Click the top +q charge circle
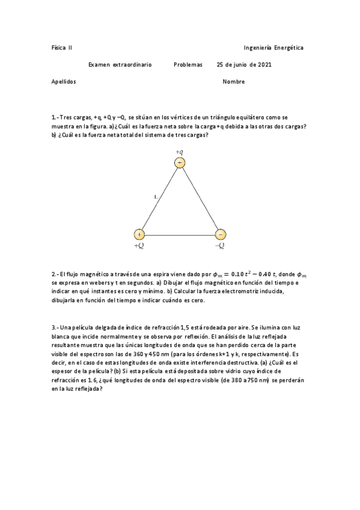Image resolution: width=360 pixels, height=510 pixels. click(x=179, y=163)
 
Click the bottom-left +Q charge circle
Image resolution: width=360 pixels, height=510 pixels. click(x=139, y=234)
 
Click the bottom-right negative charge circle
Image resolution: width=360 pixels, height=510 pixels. click(x=220, y=234)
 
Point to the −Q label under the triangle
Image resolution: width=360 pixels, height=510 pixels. click(x=220, y=245)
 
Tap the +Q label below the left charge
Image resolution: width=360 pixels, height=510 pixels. click(x=139, y=245)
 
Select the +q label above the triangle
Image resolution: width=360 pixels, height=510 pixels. click(x=179, y=152)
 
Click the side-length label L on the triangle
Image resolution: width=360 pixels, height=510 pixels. click(x=156, y=197)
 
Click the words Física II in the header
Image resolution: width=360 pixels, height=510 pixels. click(x=62, y=48)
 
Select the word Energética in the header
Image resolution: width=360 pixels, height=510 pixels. click(x=289, y=48)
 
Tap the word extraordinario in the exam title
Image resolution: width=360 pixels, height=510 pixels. click(x=132, y=64)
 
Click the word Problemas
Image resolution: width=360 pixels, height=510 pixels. click(x=188, y=64)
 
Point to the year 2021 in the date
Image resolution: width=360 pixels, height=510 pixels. click(x=264, y=64)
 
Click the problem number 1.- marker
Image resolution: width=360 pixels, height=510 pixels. click(x=55, y=118)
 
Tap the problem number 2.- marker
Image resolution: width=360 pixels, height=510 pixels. click(x=55, y=274)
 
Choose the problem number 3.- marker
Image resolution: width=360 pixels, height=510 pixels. click(x=55, y=327)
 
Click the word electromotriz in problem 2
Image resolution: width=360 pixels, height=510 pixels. click(x=244, y=291)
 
